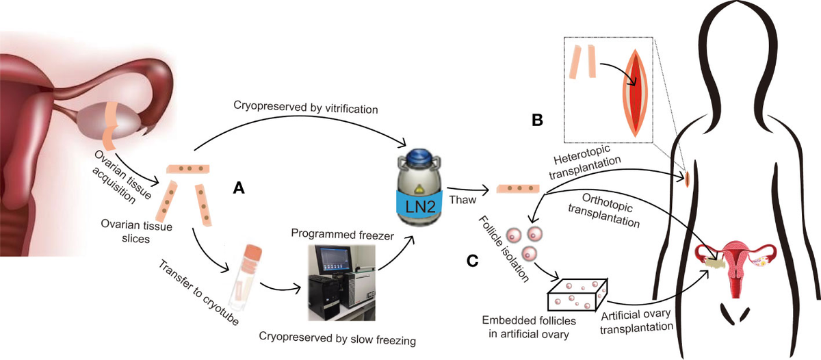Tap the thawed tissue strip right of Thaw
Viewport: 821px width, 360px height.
coord(515,188)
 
